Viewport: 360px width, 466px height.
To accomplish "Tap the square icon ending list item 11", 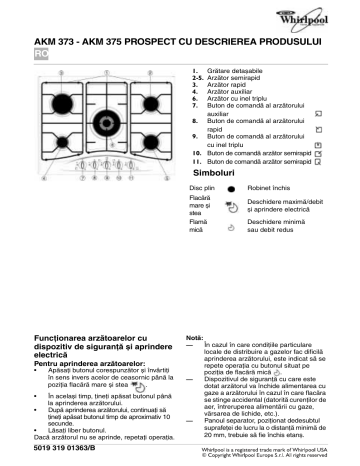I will (x=318, y=160).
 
